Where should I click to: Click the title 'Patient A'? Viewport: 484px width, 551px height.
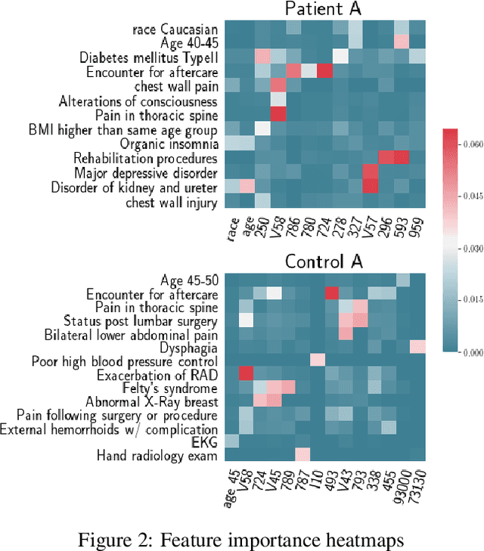tap(324, 10)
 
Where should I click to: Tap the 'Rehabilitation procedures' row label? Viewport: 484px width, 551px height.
tap(145, 158)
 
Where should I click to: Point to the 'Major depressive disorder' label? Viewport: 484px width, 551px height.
tap(148, 172)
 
